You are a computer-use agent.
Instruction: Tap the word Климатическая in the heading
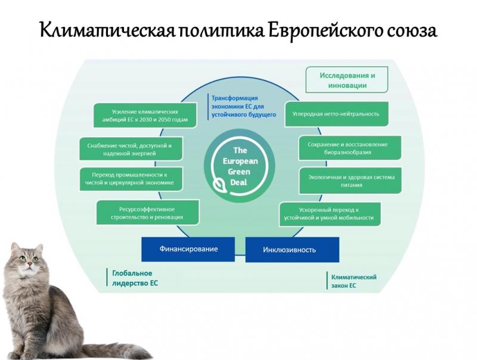107,30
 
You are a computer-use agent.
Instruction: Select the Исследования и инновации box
347,80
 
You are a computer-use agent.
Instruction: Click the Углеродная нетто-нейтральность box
336,114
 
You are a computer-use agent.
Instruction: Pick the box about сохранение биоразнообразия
350,148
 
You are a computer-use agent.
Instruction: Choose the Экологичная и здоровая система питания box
351,181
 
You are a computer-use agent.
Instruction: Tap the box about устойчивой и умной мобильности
330,214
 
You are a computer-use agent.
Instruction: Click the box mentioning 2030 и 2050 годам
145,116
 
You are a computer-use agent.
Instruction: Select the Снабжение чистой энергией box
131,149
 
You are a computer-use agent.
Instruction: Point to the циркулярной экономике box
131,179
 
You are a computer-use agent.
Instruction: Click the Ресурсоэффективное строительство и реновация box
148,213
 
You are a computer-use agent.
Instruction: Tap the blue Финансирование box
188,249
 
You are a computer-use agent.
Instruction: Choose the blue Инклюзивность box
292,250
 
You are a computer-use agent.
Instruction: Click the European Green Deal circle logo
240,166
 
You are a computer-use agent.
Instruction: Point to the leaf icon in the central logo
219,184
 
